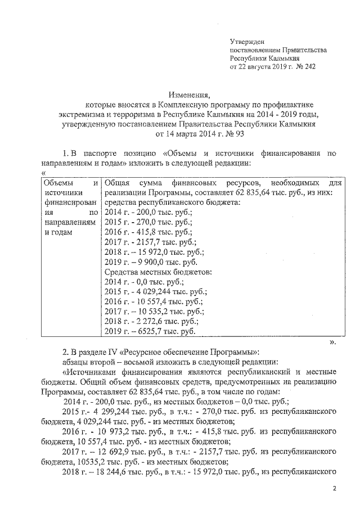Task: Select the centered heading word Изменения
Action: [188, 94]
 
